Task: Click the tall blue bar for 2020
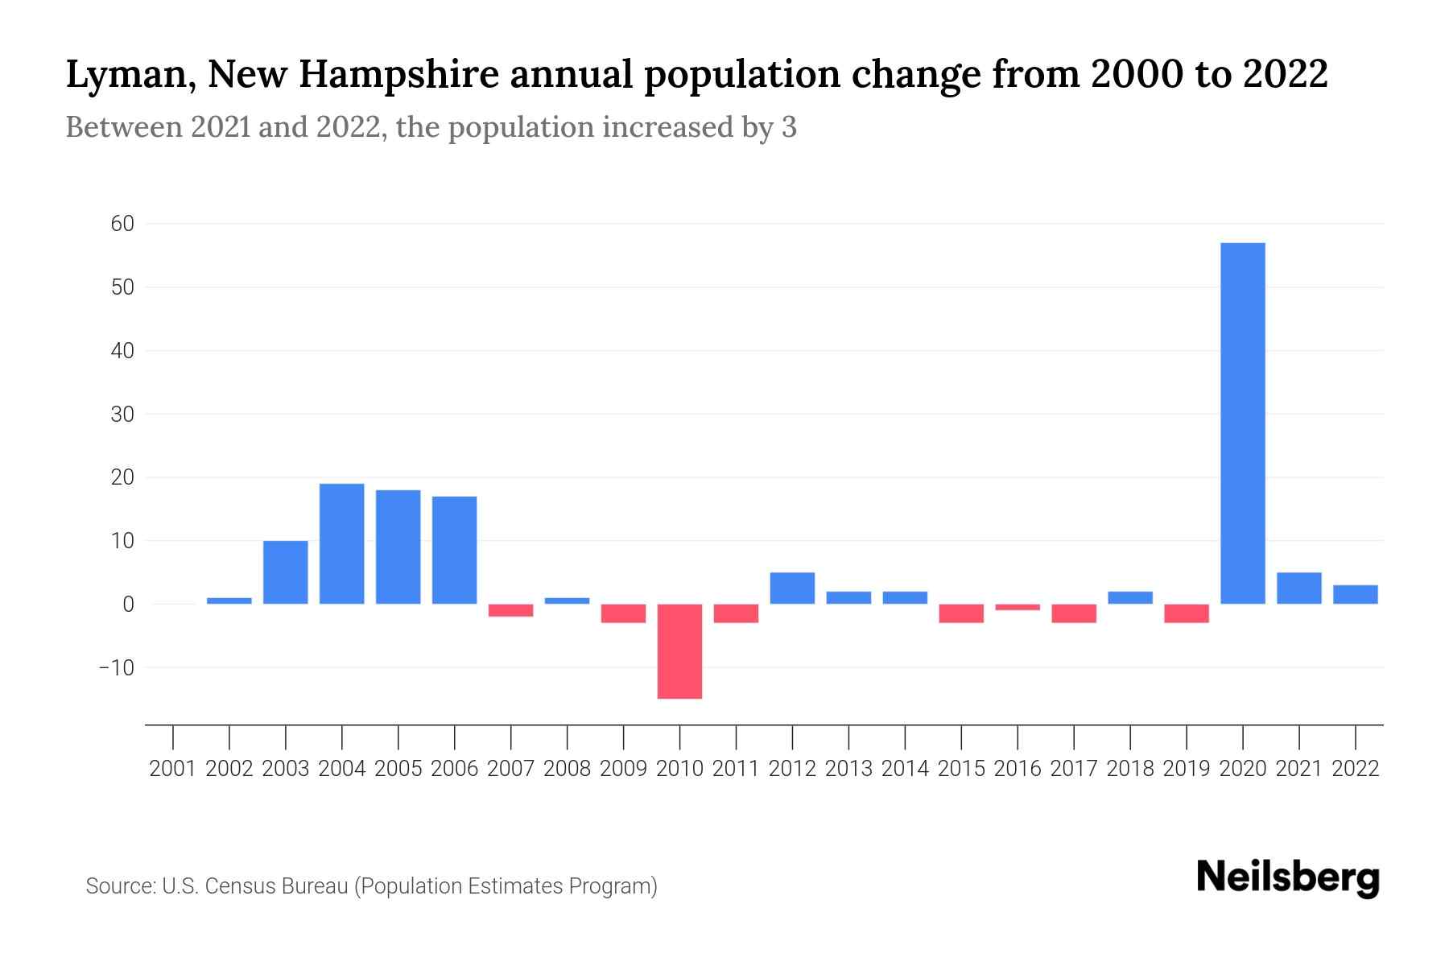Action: click(x=1243, y=423)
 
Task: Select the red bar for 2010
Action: click(x=679, y=651)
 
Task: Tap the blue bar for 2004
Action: click(x=342, y=544)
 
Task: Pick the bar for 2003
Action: click(x=286, y=572)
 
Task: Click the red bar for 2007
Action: click(x=511, y=610)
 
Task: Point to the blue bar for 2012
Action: click(x=792, y=588)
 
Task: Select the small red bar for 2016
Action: click(x=1018, y=607)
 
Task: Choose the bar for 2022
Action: click(x=1356, y=594)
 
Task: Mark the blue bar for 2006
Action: click(x=455, y=550)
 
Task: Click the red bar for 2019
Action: click(x=1187, y=613)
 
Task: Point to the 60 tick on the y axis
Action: click(x=122, y=224)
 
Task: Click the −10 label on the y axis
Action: click(x=117, y=668)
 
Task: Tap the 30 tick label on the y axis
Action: click(x=122, y=415)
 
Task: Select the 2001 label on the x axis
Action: click(x=173, y=769)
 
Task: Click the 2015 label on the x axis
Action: click(x=961, y=769)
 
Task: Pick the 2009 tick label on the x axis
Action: click(x=624, y=769)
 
